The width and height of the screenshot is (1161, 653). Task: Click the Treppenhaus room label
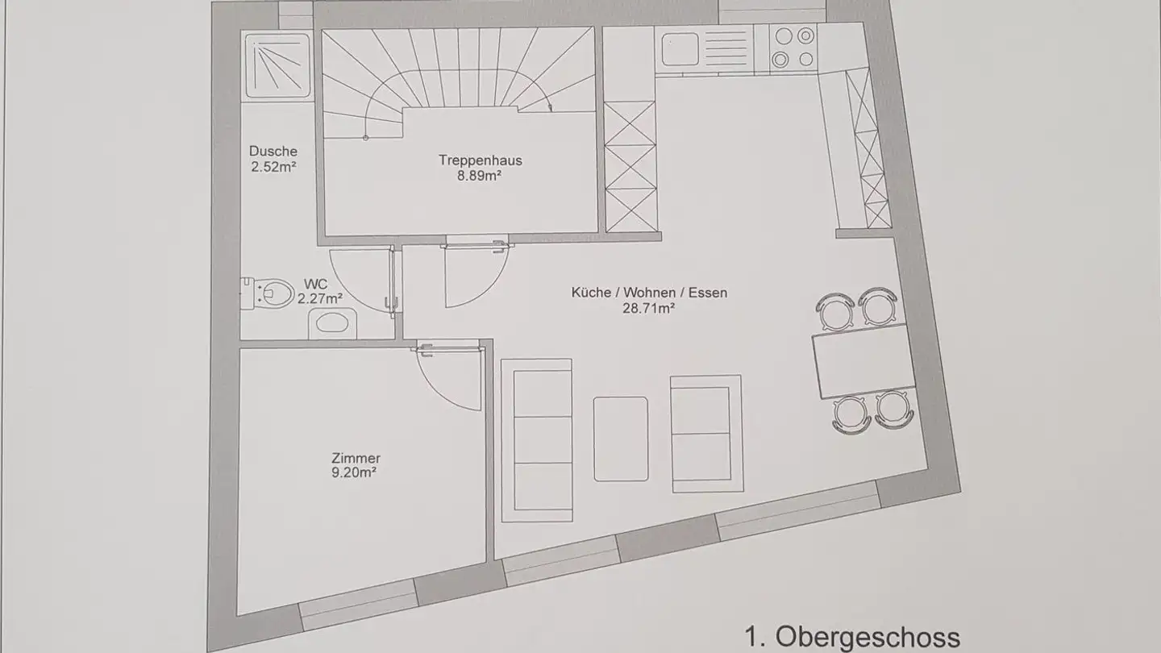[481, 160]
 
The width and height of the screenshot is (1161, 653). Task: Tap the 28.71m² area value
[648, 307]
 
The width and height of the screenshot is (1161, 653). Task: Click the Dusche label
[273, 151]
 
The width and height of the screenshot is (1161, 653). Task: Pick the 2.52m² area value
[273, 167]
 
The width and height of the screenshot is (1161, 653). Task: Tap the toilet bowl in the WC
[272, 293]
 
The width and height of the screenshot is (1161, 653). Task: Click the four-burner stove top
[793, 47]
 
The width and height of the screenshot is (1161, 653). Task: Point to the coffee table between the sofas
[621, 439]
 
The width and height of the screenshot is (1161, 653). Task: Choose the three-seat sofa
[536, 439]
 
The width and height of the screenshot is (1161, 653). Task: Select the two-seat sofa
[705, 433]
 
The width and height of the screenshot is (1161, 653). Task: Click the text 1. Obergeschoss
[852, 637]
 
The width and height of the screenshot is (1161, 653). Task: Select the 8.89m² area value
[481, 175]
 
